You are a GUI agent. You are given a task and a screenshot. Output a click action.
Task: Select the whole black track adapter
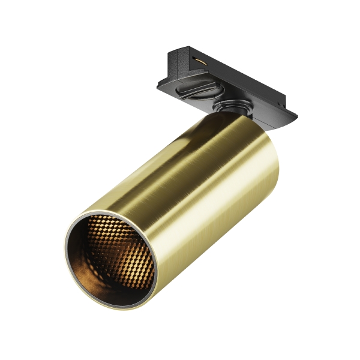click(x=228, y=84)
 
